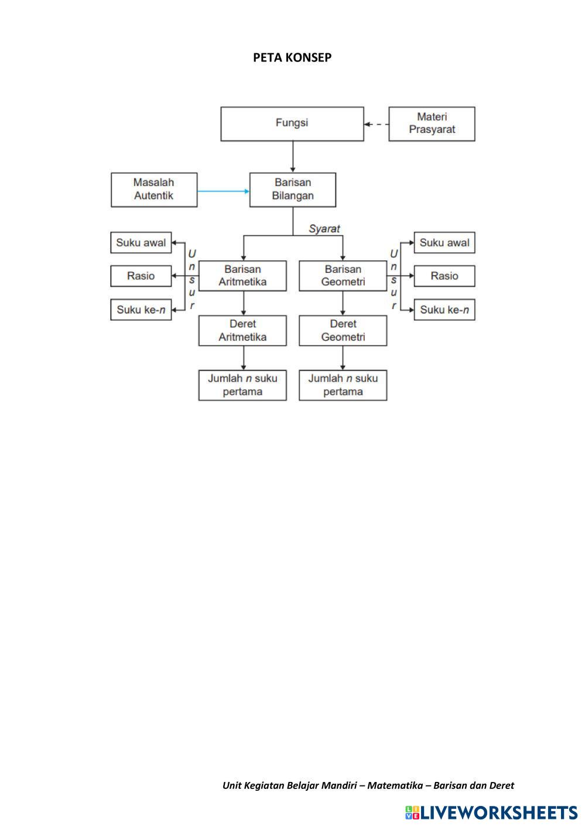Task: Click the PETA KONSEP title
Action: [292, 57]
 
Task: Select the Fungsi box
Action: [292, 123]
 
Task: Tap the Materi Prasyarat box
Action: [432, 123]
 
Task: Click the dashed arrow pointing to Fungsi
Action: [376, 124]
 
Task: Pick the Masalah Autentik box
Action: [153, 189]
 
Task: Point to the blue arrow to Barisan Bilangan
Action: [223, 191]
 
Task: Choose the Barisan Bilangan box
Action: [292, 189]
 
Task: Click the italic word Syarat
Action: [324, 229]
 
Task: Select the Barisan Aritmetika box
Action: [242, 276]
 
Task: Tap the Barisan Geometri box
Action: [343, 276]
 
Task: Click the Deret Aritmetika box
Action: [242, 330]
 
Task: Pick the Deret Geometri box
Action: [343, 330]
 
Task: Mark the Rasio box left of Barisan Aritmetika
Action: [141, 276]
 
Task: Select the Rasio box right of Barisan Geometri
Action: [444, 276]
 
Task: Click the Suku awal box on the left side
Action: [141, 242]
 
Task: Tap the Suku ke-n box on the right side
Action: [444, 310]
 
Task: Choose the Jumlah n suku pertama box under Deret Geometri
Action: [343, 385]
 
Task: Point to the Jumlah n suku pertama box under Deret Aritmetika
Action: [242, 385]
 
